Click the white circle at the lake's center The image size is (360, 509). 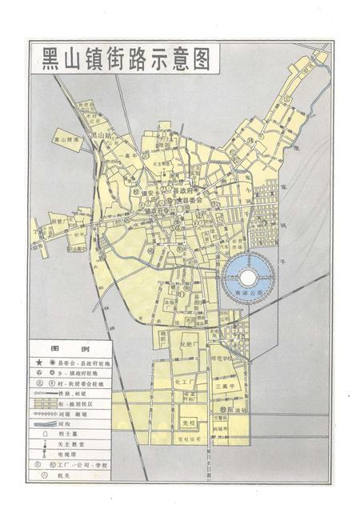coord(247,277)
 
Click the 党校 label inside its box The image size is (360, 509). coord(189,422)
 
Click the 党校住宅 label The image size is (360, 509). coord(190,439)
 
